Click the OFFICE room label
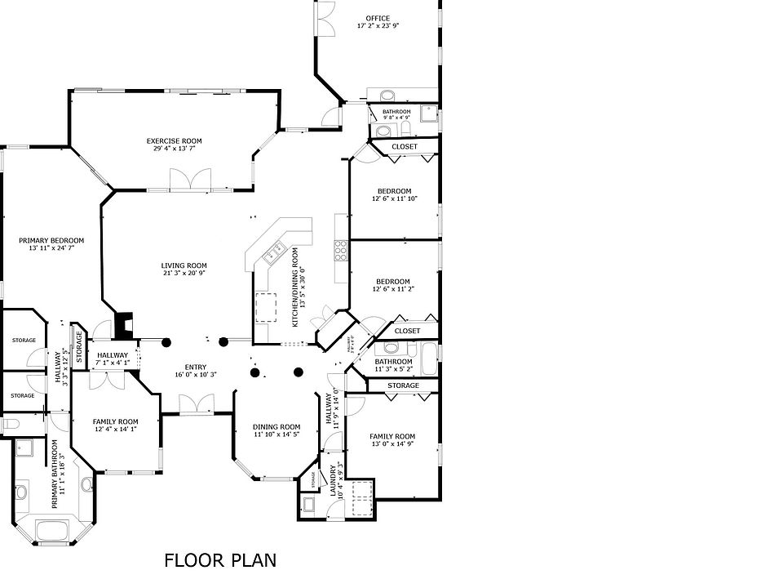(378, 18)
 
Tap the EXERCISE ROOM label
(174, 141)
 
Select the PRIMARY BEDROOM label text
(51, 241)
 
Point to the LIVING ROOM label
(184, 265)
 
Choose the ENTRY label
(196, 367)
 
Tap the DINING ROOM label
(276, 427)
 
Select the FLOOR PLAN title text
(220, 560)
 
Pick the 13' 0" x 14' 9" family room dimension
(392, 445)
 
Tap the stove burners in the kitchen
(341, 250)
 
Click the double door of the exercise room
(190, 180)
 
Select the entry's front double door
(196, 403)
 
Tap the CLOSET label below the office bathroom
(405, 147)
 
